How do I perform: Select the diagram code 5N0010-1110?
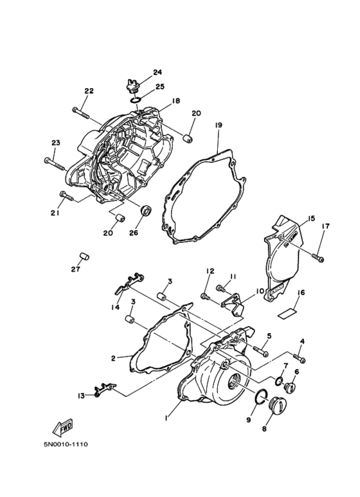(66, 444)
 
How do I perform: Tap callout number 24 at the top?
(157, 72)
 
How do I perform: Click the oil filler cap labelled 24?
(133, 86)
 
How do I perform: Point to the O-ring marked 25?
(135, 100)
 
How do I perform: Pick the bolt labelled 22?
(82, 113)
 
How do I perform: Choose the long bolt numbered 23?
(55, 163)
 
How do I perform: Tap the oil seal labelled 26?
(146, 211)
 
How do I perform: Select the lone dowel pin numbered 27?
(84, 256)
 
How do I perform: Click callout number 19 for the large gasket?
(218, 125)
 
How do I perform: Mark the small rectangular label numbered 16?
(287, 313)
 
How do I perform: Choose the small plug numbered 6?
(290, 387)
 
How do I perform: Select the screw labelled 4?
(300, 359)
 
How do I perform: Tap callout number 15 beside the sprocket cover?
(311, 219)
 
